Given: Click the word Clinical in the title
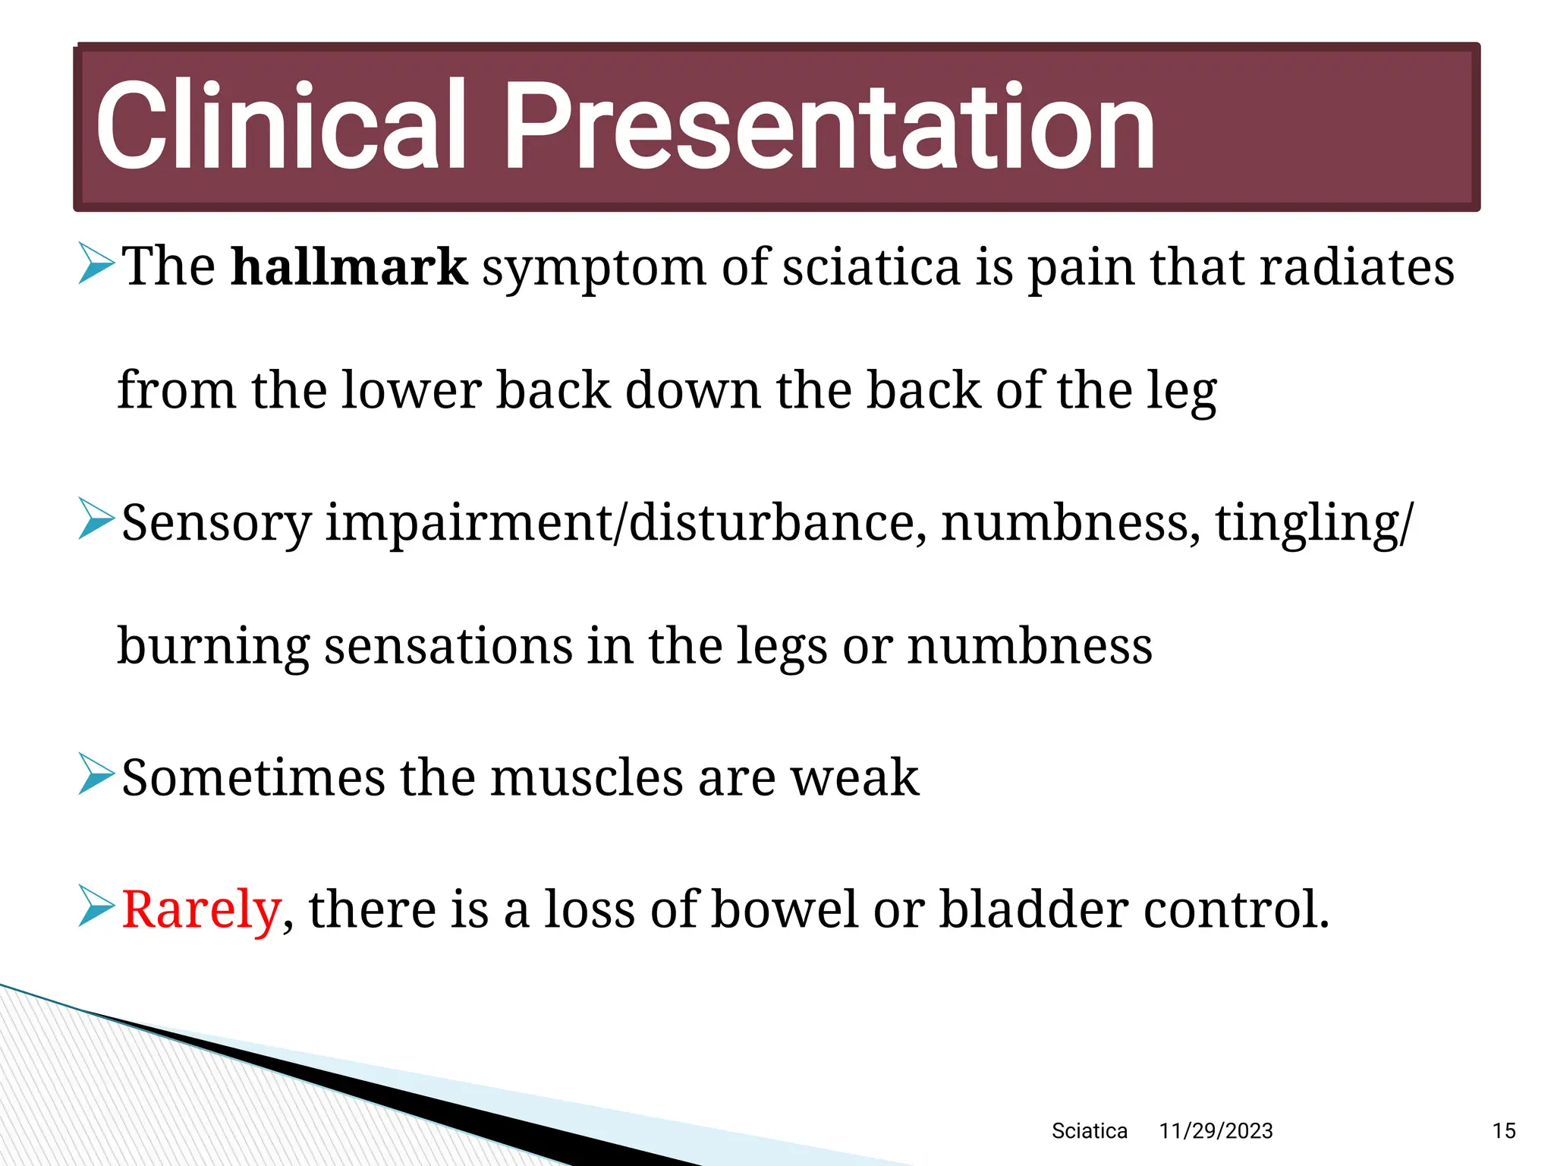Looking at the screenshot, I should pyautogui.click(x=279, y=125).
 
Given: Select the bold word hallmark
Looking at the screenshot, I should pyautogui.click(x=349, y=267).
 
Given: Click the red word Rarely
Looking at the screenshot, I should pyautogui.click(x=201, y=909).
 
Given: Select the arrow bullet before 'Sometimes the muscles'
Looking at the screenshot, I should pyautogui.click(x=96, y=774).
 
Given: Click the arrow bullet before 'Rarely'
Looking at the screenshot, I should pyautogui.click(x=96, y=906).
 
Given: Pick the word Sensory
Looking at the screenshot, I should pyautogui.click(x=216, y=524).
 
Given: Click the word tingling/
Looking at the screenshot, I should pyautogui.click(x=1314, y=524).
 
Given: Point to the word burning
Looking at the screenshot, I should pyautogui.click(x=213, y=646).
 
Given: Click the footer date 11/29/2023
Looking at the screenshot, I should pyautogui.click(x=1216, y=1131).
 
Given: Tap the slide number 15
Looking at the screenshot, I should pyautogui.click(x=1503, y=1131).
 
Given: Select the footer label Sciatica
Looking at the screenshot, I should pyautogui.click(x=1089, y=1131).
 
